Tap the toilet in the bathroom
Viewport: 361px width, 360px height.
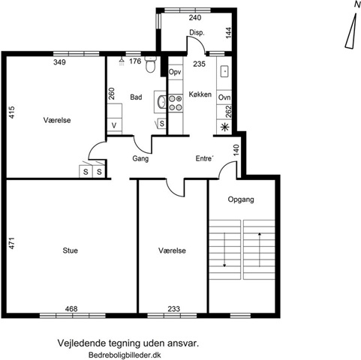pyautogui.click(x=150, y=64)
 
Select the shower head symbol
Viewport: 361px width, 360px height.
pyautogui.click(x=122, y=61)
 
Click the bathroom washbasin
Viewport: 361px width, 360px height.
pyautogui.click(x=161, y=102)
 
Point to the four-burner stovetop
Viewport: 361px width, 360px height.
pyautogui.click(x=175, y=103)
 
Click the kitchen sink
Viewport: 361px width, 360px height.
pyautogui.click(x=224, y=72)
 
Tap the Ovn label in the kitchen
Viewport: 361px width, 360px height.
pyautogui.click(x=224, y=97)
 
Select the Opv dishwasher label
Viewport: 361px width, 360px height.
pyautogui.click(x=175, y=72)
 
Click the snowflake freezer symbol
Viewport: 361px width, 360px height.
pyautogui.click(x=224, y=127)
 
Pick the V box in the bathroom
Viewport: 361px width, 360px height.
pyautogui.click(x=115, y=125)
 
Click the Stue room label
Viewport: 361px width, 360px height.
pyautogui.click(x=70, y=250)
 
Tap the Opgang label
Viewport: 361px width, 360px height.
pyautogui.click(x=241, y=199)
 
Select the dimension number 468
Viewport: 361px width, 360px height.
pyautogui.click(x=71, y=309)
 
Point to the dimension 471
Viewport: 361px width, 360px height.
pyautogui.click(x=12, y=243)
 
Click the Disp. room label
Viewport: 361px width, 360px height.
pyautogui.click(x=197, y=33)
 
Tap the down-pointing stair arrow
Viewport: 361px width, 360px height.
pyautogui.click(x=224, y=250)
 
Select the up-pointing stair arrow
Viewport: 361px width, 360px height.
pyautogui.click(x=260, y=250)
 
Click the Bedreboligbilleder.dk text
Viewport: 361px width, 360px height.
pyautogui.click(x=125, y=355)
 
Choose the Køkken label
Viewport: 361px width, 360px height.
pyautogui.click(x=200, y=94)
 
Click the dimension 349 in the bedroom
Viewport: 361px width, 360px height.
pyautogui.click(x=59, y=61)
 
